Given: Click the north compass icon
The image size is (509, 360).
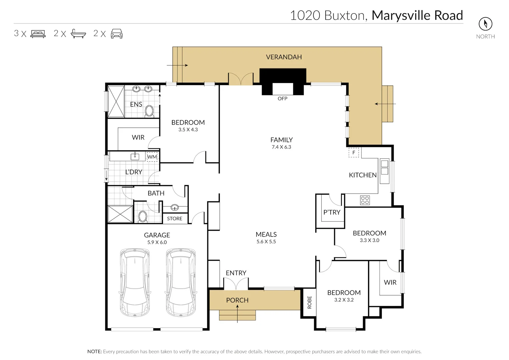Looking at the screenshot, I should [x=485, y=24].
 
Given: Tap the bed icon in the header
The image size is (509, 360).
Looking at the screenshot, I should [x=38, y=34].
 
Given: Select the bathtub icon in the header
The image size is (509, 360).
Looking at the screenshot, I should [x=78, y=34].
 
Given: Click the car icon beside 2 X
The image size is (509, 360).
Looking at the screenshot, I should [x=117, y=34].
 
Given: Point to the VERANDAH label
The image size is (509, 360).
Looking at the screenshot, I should [x=284, y=57].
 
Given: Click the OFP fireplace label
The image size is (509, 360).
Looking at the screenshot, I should [x=282, y=99].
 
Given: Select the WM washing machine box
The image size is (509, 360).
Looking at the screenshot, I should [x=152, y=157].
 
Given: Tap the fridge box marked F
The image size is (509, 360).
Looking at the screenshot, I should [x=354, y=153].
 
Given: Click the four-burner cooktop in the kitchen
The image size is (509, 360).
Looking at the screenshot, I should [x=365, y=200].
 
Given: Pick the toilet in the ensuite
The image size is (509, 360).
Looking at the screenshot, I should [x=149, y=111].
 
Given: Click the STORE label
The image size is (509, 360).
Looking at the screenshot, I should [x=175, y=219].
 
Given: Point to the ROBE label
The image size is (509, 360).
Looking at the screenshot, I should [x=309, y=302].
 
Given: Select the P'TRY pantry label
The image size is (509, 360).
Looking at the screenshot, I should [x=332, y=212].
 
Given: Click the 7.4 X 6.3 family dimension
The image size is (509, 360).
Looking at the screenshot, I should [x=281, y=147].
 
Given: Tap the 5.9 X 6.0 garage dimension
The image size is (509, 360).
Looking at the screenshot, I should [x=157, y=242].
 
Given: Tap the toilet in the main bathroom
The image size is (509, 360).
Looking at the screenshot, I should [x=143, y=217].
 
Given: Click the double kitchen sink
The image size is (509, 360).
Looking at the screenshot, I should [x=384, y=167].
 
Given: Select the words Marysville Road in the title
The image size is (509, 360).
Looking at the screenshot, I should [x=417, y=15].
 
